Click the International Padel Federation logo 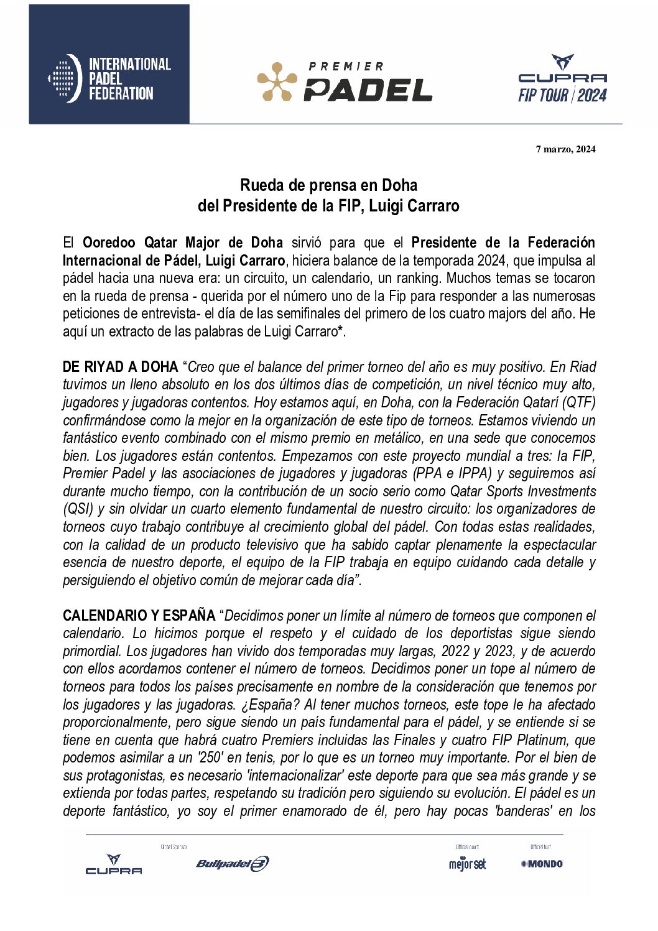109,79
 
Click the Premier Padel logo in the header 345,81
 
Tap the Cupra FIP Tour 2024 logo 562,79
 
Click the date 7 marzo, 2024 565,149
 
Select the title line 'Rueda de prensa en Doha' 328,185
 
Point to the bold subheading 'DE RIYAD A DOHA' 120,367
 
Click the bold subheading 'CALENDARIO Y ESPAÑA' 139,616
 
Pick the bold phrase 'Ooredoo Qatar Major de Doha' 183,243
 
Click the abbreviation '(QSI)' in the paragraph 78,509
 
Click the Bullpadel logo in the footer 232,863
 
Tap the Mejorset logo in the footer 467,864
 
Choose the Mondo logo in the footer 542,864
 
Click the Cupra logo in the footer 113,864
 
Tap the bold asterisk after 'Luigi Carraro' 340,331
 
